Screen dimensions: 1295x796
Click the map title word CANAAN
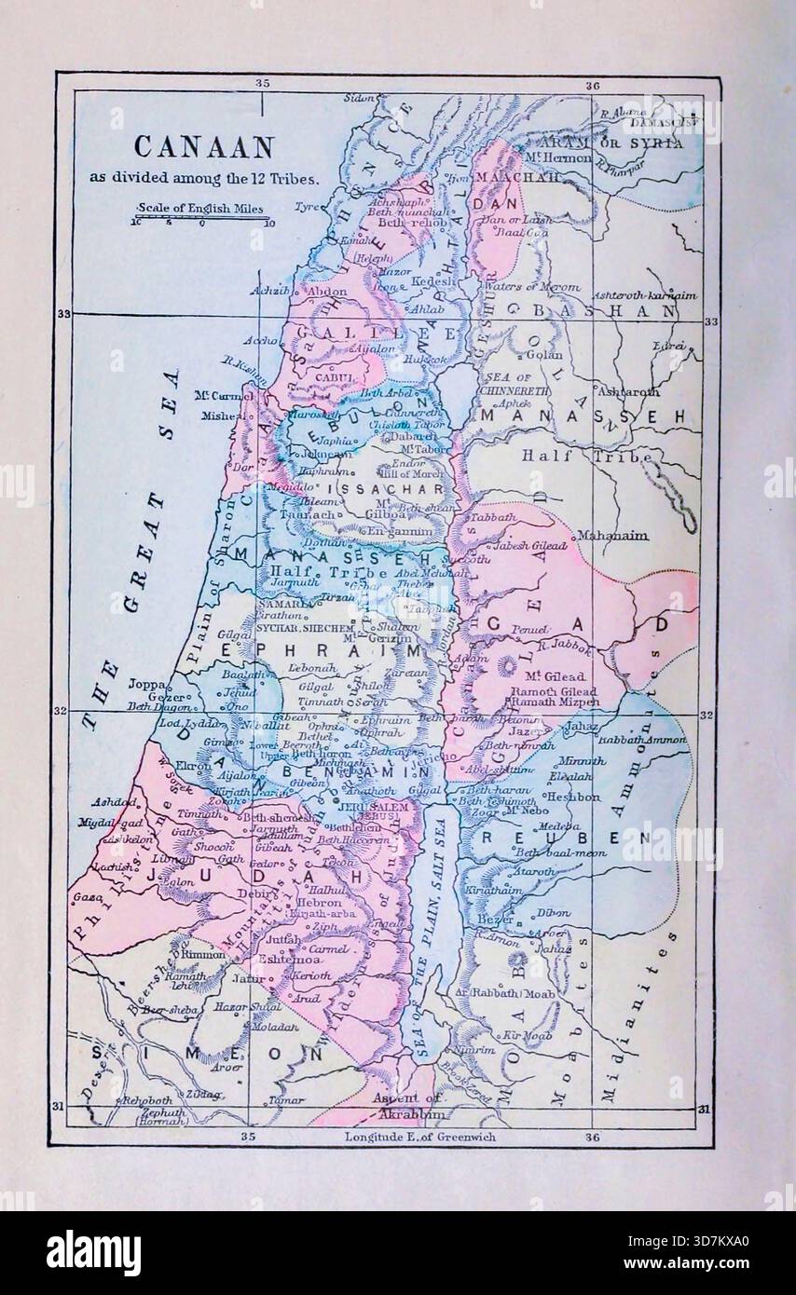click(x=204, y=147)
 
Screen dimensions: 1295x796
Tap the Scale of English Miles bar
click(x=201, y=220)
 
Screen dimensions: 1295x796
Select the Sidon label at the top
click(x=359, y=97)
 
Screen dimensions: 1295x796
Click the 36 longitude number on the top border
click(x=593, y=85)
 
